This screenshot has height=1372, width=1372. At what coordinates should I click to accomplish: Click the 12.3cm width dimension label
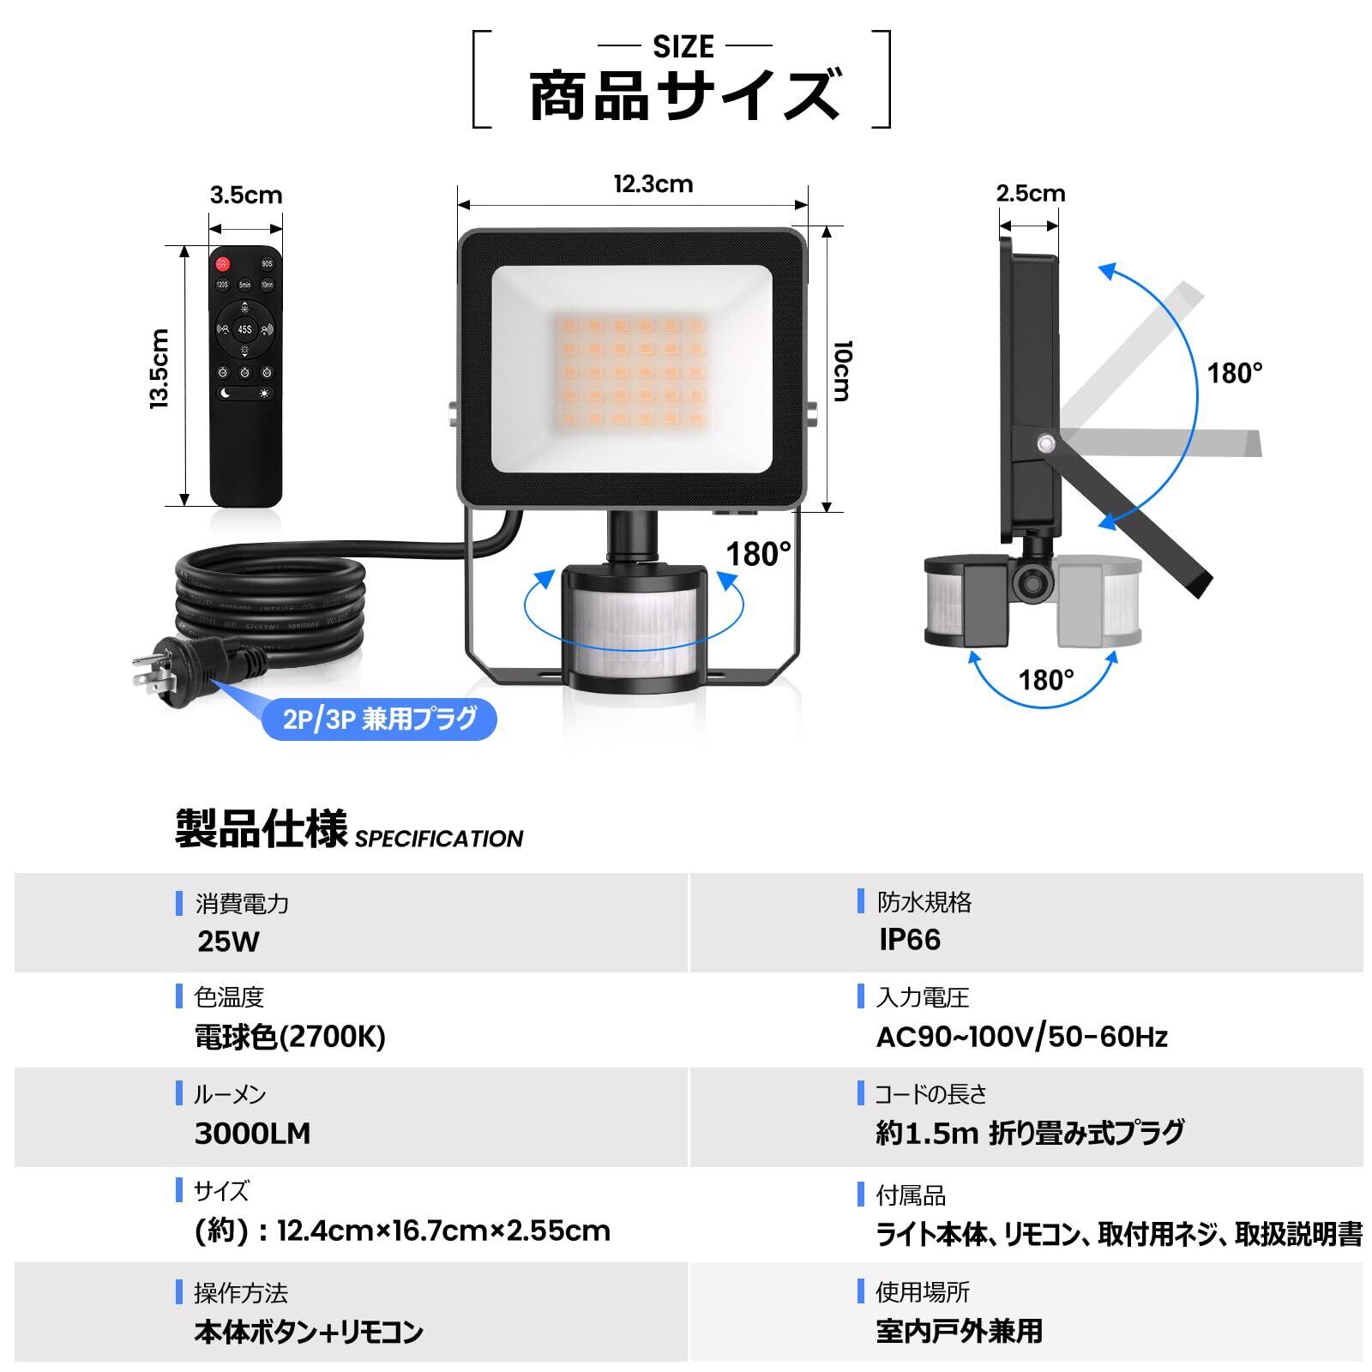pyautogui.click(x=653, y=184)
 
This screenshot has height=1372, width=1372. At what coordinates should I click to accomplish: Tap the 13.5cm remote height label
pyautogui.click(x=160, y=369)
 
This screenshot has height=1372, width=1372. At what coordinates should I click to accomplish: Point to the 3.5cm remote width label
pyautogui.click(x=246, y=196)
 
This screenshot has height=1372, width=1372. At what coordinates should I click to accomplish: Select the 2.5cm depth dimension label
pyautogui.click(x=1030, y=194)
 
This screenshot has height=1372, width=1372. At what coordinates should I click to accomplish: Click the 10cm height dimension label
pyautogui.click(x=842, y=370)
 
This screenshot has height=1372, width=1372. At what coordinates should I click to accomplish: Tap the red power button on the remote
pyautogui.click(x=224, y=263)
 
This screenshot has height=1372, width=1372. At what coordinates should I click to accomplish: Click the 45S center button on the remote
pyautogui.click(x=245, y=329)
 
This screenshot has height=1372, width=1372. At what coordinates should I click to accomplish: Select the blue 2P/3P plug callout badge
pyautogui.click(x=379, y=719)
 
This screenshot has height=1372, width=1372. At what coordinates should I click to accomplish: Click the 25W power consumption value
pyautogui.click(x=228, y=942)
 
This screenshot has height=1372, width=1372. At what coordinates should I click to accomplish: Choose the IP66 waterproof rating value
pyautogui.click(x=910, y=940)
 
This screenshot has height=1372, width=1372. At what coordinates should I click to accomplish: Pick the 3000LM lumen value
pyautogui.click(x=252, y=1134)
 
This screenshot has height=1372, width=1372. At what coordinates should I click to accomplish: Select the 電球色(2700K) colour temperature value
pyautogui.click(x=290, y=1037)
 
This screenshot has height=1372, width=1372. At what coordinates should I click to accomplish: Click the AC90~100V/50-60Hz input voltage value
pyautogui.click(x=1021, y=1038)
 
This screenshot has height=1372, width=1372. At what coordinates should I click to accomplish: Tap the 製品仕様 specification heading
pyautogui.click(x=261, y=829)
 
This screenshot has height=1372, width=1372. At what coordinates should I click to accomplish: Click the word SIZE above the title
pyautogui.click(x=683, y=46)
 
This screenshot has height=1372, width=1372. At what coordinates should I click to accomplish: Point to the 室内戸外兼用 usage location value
pyautogui.click(x=959, y=1331)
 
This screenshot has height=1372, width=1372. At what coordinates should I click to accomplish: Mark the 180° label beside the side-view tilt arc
pyautogui.click(x=1235, y=374)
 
